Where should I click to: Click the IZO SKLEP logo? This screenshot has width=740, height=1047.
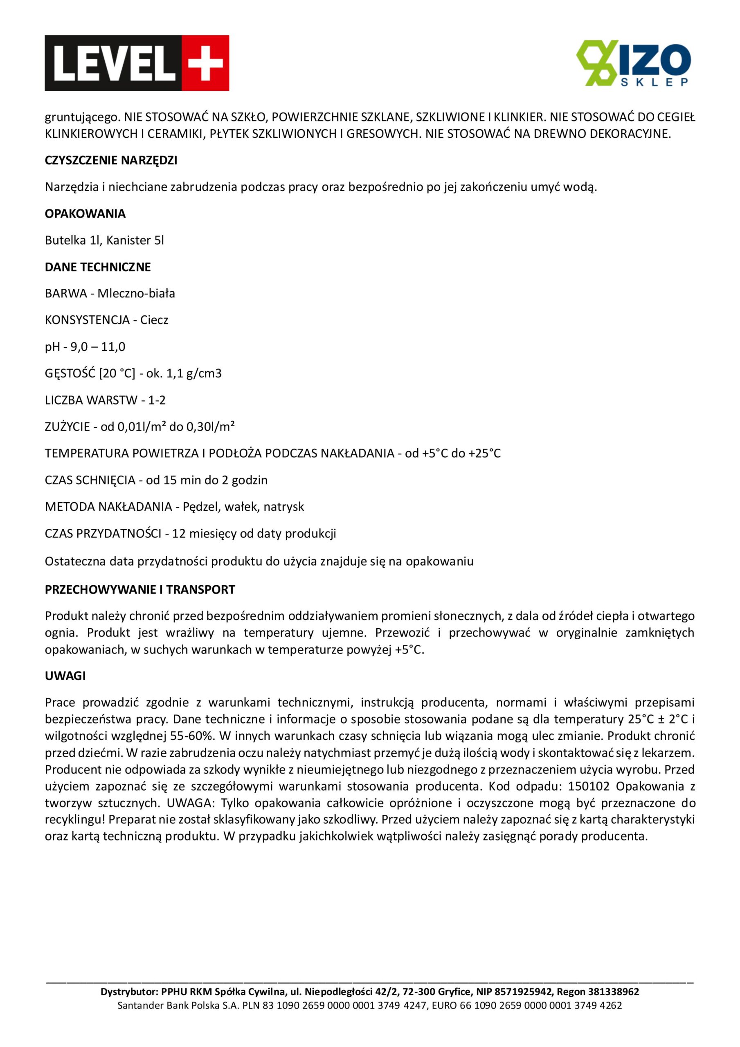pyautogui.click(x=633, y=63)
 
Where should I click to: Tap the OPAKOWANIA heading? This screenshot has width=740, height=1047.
pyautogui.click(x=85, y=213)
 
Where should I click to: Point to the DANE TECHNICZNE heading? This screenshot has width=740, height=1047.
pyautogui.click(x=98, y=267)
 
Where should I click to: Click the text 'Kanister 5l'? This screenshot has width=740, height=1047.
pyautogui.click(x=135, y=240)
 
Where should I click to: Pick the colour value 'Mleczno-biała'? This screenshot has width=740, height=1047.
pyautogui.click(x=136, y=293)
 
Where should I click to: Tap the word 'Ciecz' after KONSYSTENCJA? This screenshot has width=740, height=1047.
pyautogui.click(x=154, y=320)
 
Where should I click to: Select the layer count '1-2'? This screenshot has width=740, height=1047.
pyautogui.click(x=157, y=400)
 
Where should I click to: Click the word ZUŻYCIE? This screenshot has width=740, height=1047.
pyautogui.click(x=67, y=427)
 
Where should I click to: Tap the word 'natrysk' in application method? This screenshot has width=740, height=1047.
pyautogui.click(x=284, y=507)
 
